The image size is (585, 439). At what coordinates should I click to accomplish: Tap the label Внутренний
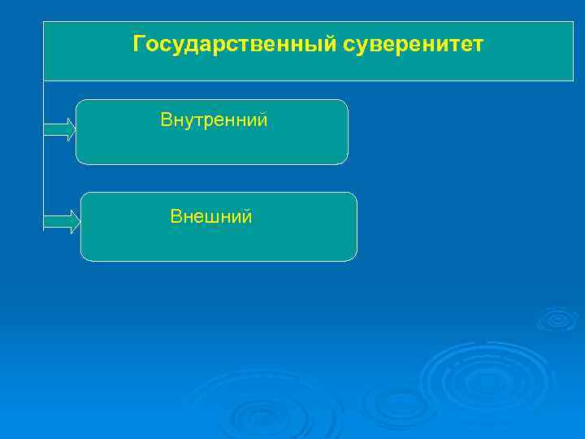pos(214,120)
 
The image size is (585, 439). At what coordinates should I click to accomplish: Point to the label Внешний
pos(211,216)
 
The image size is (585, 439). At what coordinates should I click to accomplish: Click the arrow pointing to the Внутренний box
pos(59,129)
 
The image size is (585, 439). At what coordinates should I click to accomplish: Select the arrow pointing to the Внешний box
pos(62,221)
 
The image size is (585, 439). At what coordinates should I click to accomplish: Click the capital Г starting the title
pos(139,43)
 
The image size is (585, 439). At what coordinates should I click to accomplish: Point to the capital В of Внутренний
pos(166,120)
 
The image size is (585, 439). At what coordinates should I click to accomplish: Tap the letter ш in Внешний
pos(214,217)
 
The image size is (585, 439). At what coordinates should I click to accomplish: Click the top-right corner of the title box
pos(573,22)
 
